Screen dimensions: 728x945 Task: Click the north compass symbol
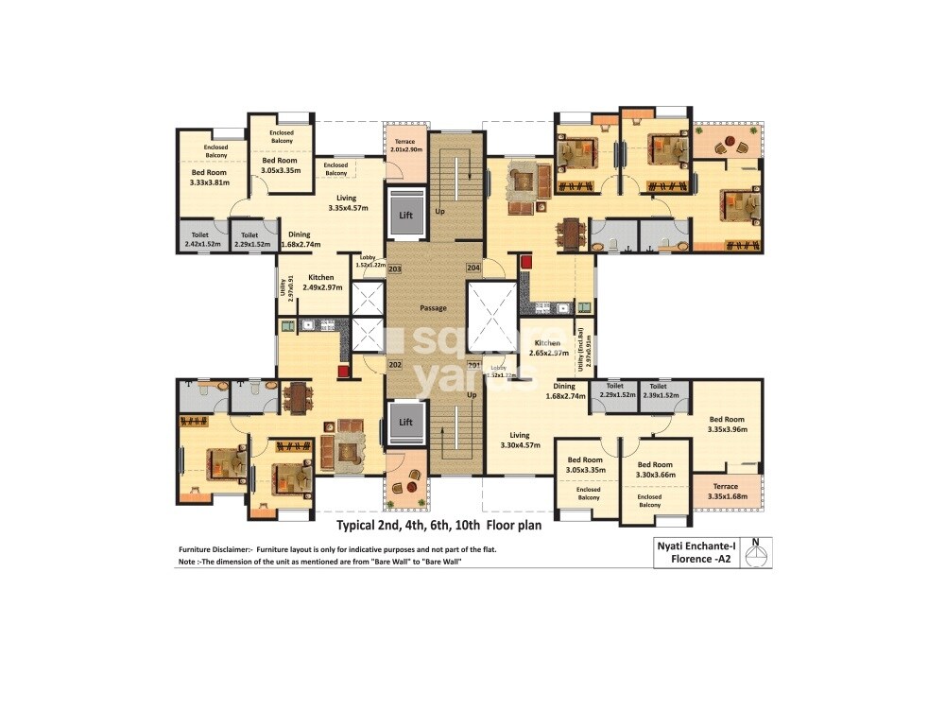click(x=756, y=552)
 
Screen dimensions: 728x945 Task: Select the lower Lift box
click(x=406, y=422)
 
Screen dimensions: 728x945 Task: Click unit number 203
click(x=394, y=269)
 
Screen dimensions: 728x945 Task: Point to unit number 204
click(x=473, y=269)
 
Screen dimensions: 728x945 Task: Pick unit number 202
click(x=394, y=365)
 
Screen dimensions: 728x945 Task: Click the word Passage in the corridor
click(x=433, y=308)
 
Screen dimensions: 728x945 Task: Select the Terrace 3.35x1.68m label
click(x=725, y=491)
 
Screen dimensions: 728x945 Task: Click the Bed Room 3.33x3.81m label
click(x=211, y=178)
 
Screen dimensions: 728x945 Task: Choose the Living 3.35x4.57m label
click(x=347, y=202)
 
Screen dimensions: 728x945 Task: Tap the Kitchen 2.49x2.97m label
click(x=320, y=282)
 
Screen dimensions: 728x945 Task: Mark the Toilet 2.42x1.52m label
click(x=199, y=238)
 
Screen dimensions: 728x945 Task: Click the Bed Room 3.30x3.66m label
click(x=655, y=470)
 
